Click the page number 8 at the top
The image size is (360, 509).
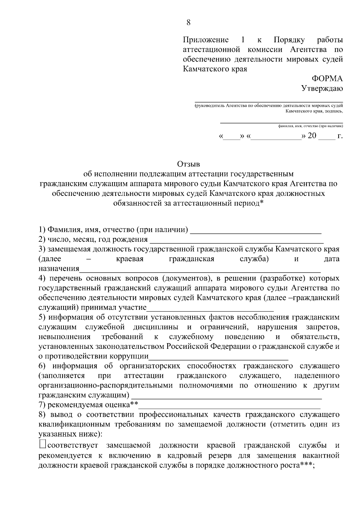point(188,23)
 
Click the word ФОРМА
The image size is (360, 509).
point(327,79)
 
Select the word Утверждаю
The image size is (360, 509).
point(322,88)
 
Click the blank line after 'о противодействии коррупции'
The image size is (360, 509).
point(218,358)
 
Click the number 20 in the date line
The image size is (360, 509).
point(312,136)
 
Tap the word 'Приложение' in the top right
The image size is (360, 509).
point(206,40)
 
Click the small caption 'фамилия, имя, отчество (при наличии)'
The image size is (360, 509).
point(310,126)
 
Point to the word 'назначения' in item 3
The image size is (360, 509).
point(59,268)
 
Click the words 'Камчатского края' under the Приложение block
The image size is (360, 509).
point(215,69)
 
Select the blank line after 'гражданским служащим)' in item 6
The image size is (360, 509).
point(226,397)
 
